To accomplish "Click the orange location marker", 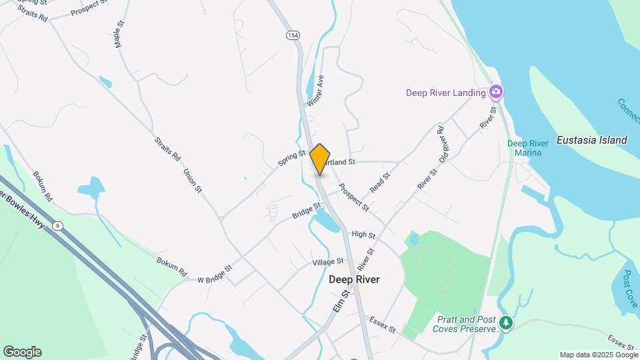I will point(320,159).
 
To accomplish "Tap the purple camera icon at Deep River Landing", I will point(495,91).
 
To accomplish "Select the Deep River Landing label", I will point(446,93).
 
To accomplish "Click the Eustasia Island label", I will point(593,140).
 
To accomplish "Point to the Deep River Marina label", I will point(528,148).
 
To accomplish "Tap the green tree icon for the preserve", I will point(507,323).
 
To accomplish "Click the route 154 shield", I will point(292,35).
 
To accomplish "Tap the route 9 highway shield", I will point(59,226).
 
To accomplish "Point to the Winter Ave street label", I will point(315,91).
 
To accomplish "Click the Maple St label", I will point(119,33).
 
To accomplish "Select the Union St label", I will point(193,180).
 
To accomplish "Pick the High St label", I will point(363,235).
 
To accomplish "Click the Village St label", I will point(328,263).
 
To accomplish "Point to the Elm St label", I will point(340,299).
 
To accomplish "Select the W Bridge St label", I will point(215,273).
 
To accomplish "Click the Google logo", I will point(22,352).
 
